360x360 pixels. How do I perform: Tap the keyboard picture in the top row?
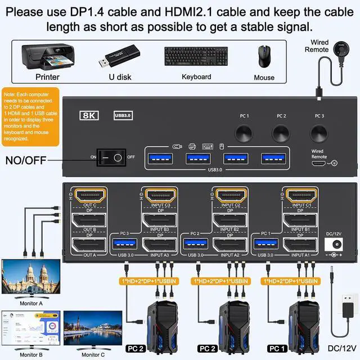(x=196, y=57)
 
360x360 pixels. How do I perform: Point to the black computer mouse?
(x=263, y=57)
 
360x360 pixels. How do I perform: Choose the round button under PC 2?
(x=281, y=133)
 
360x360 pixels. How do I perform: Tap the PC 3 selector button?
(x=319, y=133)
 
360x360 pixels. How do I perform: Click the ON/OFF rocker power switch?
(x=111, y=157)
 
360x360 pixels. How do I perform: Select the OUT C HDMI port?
(x=91, y=196)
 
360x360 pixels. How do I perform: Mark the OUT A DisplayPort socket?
(x=90, y=245)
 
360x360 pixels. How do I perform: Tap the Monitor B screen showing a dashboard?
(x=30, y=328)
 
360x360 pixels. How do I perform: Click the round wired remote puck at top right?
(x=340, y=46)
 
